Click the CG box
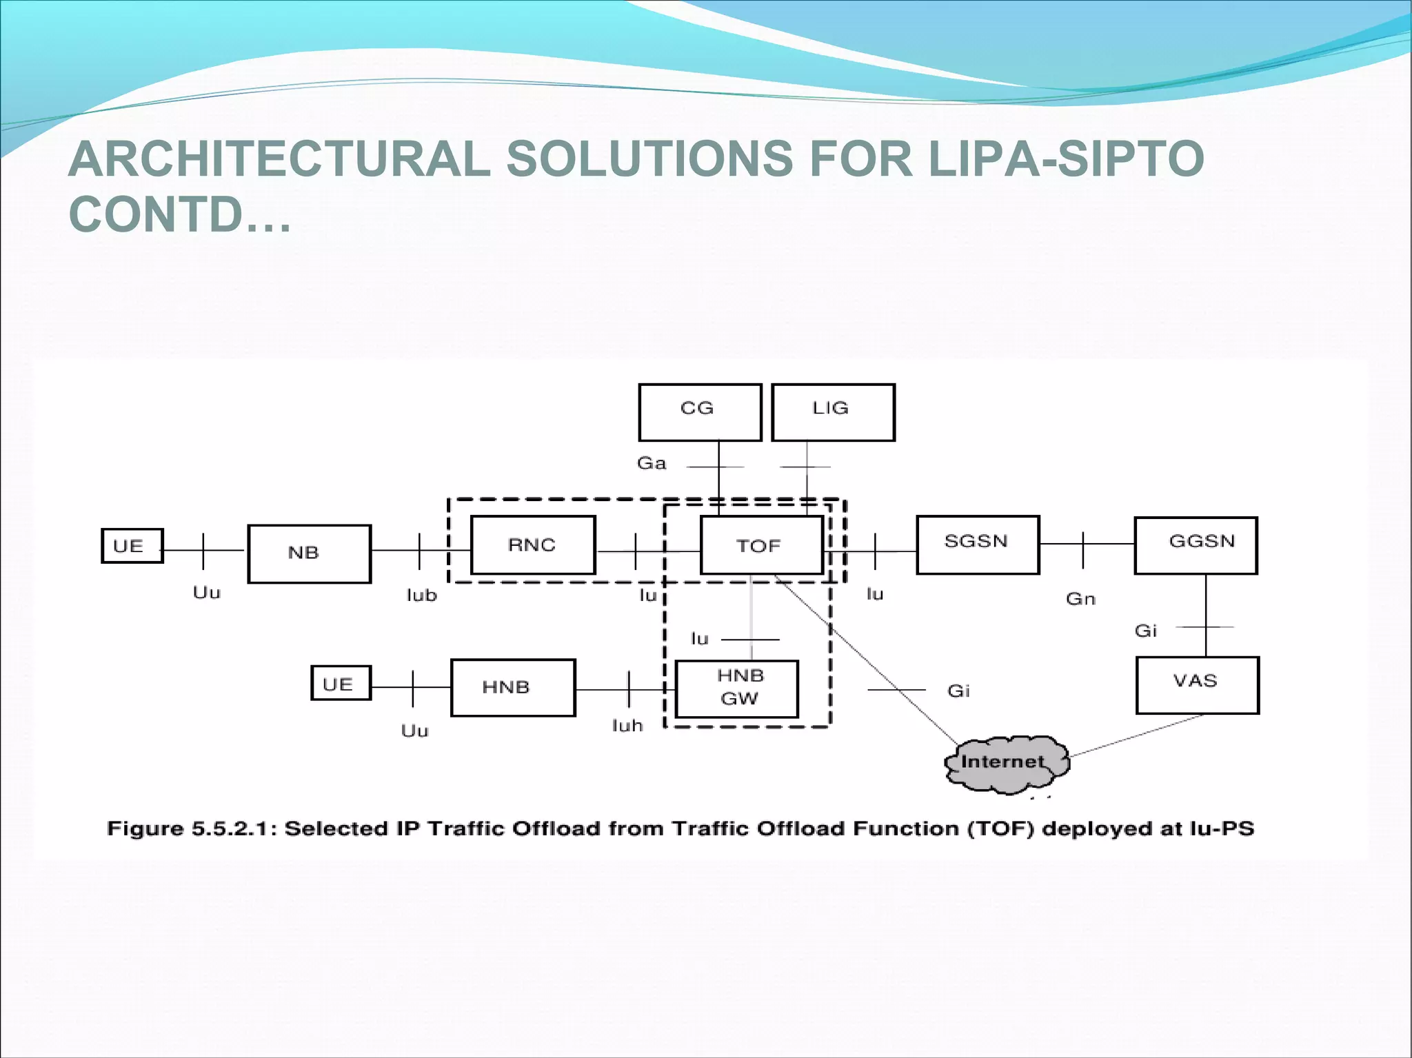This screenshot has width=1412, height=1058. (x=700, y=412)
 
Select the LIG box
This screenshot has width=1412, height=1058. (x=833, y=412)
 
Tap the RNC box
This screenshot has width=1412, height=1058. (x=532, y=545)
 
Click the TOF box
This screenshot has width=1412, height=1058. (x=761, y=545)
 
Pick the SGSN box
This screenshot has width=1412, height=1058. (x=977, y=545)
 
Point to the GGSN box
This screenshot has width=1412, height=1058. (x=1196, y=545)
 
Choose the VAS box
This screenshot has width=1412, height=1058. (x=1197, y=685)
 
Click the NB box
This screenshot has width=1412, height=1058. (x=309, y=553)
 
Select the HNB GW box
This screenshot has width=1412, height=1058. (x=737, y=689)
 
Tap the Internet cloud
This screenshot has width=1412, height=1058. (x=1005, y=763)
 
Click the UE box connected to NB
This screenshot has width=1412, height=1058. (x=132, y=546)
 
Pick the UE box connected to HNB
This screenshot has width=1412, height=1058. (x=341, y=683)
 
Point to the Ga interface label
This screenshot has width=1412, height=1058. (x=652, y=463)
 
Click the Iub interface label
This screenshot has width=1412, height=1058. (x=421, y=595)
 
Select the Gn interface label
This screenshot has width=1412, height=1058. (x=1080, y=599)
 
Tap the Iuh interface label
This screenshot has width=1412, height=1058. (x=627, y=726)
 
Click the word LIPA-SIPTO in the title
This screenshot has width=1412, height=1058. (x=1066, y=159)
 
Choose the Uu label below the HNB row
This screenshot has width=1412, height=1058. (x=414, y=731)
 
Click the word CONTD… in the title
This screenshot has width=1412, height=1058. (x=180, y=214)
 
